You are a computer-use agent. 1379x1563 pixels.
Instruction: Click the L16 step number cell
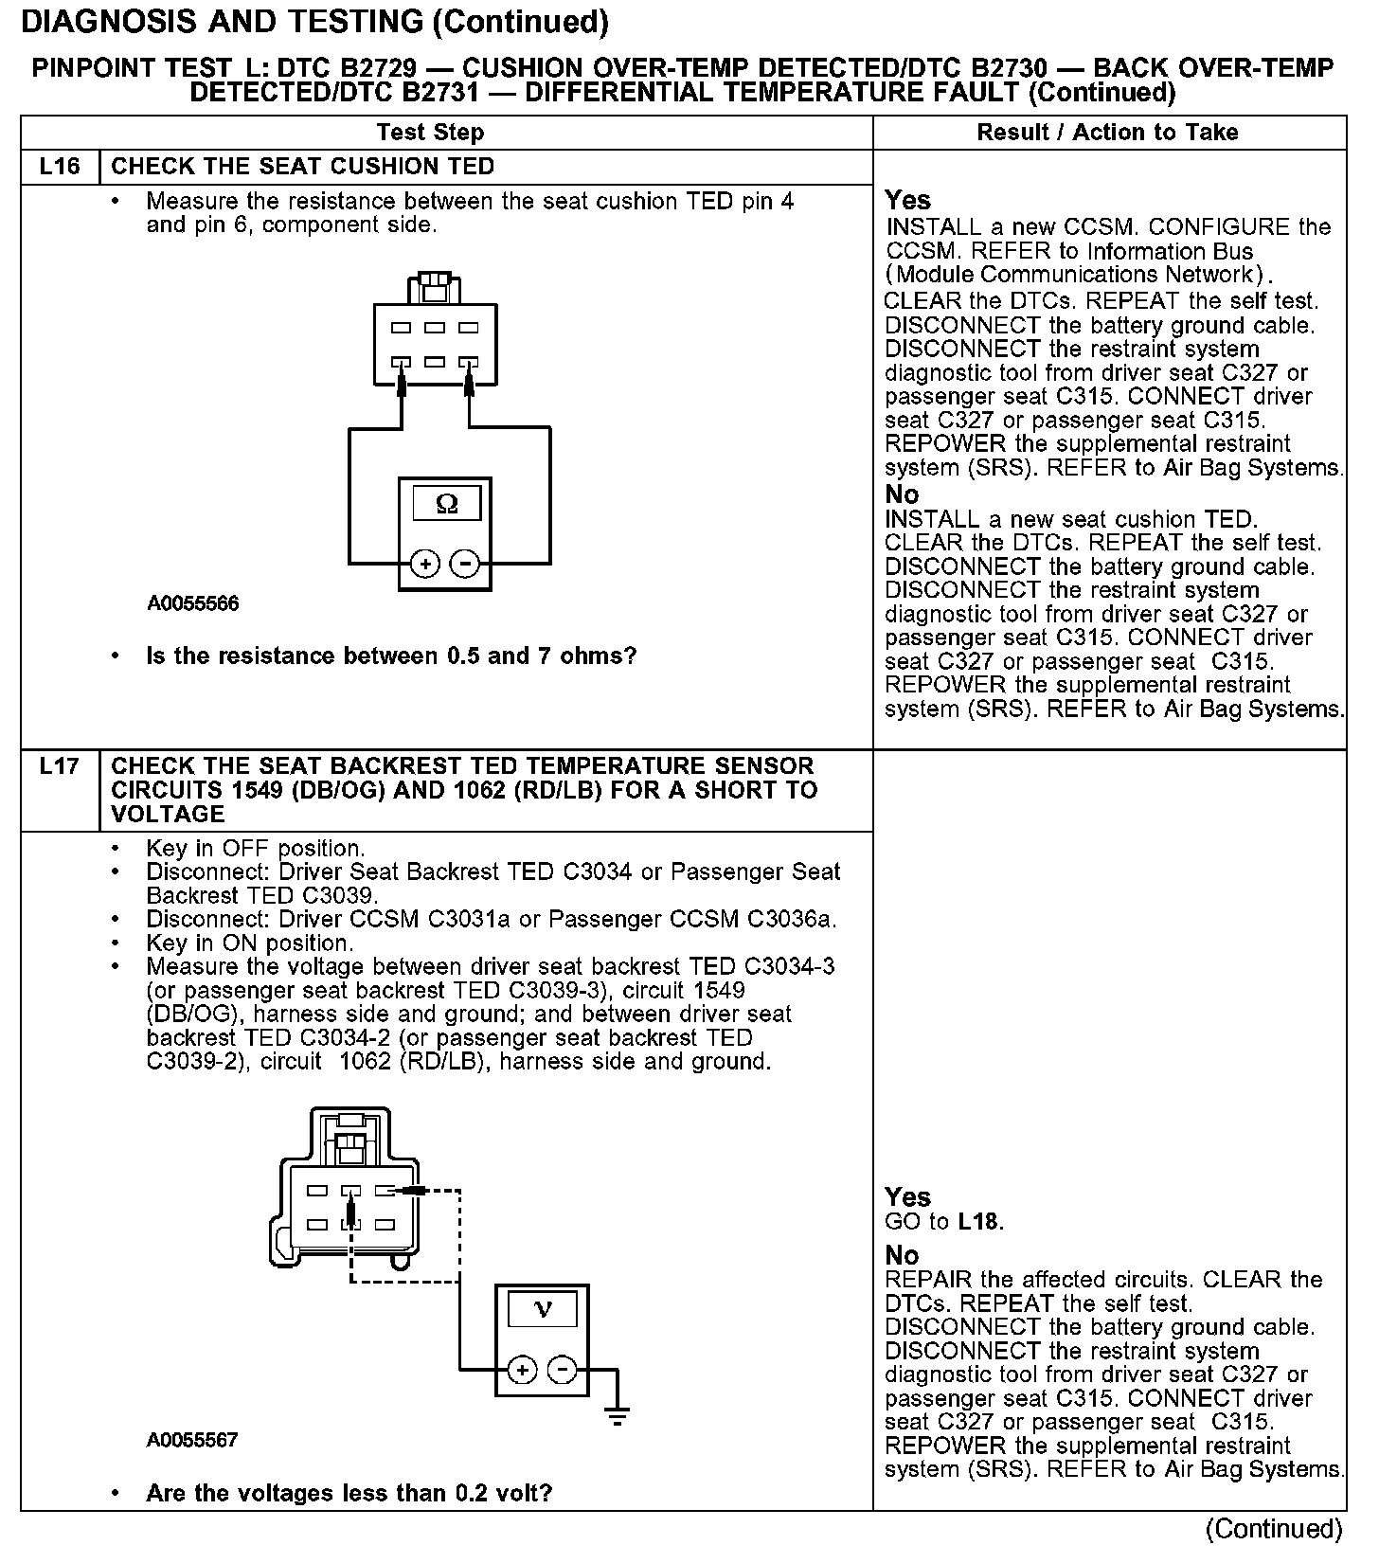pos(60,167)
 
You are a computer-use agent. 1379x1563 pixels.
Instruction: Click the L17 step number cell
pos(60,766)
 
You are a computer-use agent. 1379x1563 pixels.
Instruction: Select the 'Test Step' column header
pos(430,133)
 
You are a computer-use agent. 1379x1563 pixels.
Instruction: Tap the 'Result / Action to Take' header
pos(1107,133)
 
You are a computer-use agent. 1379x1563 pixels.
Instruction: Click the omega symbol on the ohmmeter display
pos(446,505)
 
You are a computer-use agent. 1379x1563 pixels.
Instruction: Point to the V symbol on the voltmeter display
pos(543,1310)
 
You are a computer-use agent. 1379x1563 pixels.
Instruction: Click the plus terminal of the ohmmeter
pos(425,565)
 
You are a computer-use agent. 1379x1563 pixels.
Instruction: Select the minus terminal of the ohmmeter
pos(464,565)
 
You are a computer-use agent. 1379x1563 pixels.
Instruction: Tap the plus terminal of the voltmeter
pos(523,1370)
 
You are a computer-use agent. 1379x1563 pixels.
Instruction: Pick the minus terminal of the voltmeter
pos(563,1370)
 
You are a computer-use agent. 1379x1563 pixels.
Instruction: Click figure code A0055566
pos(192,603)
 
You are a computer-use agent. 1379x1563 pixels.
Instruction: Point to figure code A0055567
pos(192,1441)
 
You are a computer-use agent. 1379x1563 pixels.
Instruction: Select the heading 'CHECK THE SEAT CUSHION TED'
pos(302,167)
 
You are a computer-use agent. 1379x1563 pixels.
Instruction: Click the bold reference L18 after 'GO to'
pos(977,1222)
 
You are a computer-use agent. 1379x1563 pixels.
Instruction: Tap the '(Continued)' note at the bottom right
pos(1273,1530)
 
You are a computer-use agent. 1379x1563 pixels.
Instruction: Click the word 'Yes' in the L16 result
pos(907,201)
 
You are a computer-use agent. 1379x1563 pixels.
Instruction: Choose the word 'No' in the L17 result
pos(902,1256)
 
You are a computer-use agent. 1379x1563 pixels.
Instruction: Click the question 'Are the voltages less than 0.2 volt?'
pos(349,1494)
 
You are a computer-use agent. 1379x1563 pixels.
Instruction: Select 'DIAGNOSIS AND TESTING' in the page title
pos(222,21)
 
